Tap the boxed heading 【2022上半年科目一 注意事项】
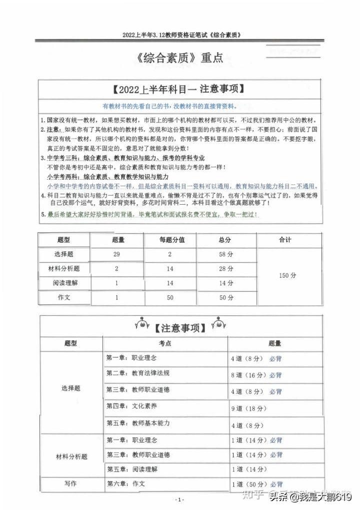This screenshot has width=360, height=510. coord(178,90)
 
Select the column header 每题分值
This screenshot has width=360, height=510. coord(172,240)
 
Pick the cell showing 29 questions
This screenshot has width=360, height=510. coord(116,255)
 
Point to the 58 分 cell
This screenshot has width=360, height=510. coord(226,255)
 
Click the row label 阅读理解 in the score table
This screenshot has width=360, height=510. coord(65,283)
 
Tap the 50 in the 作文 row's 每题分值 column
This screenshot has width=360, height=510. coord(169,298)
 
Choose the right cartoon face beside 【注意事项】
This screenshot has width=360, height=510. coord(217,324)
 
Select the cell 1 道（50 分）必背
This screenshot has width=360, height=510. coord(256,484)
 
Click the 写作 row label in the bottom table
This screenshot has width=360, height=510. coord(70,483)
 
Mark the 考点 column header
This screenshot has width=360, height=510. coord(165,343)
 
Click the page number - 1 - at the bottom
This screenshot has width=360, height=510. coord(180,500)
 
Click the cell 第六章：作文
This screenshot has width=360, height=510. coord(125,483)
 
